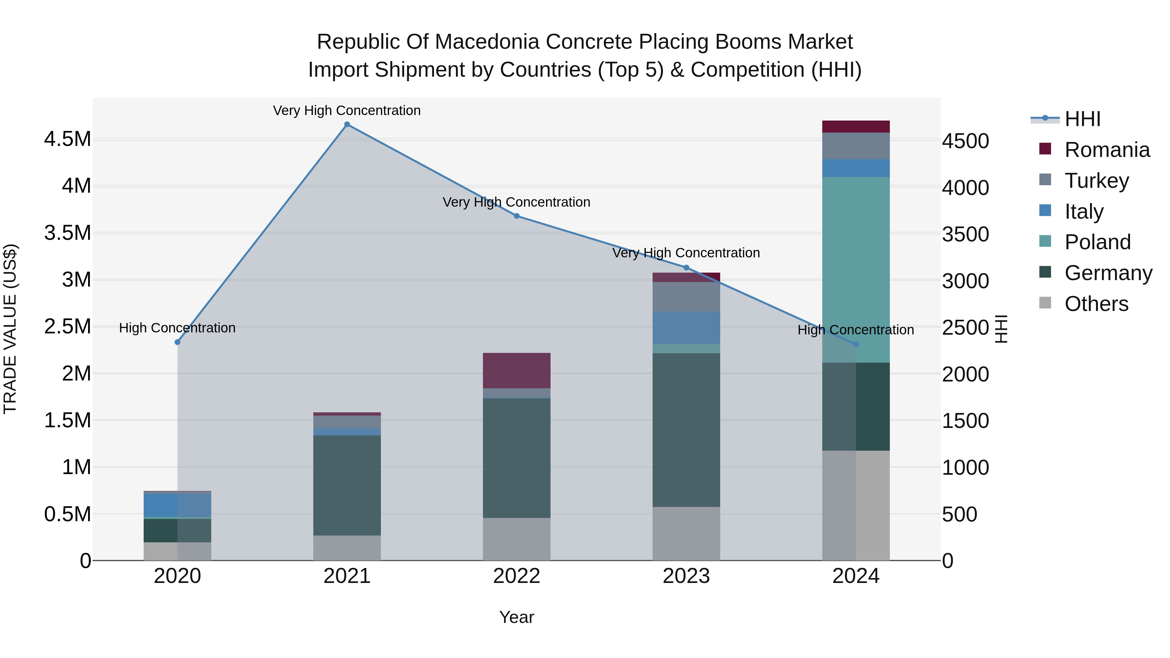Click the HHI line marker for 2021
coord(347,124)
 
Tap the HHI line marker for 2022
coord(516,216)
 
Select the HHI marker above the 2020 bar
coord(177,342)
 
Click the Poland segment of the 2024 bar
coord(856,269)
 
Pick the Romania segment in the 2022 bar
coord(516,370)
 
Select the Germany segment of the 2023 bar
coord(686,430)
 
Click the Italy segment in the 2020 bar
coord(177,505)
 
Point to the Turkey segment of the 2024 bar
coord(856,146)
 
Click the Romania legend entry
coord(1107,150)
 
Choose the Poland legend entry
coord(1097,242)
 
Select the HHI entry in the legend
coord(1082,119)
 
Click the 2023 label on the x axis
coord(686,576)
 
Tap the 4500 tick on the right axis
coord(965,141)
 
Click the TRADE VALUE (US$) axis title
coord(10,329)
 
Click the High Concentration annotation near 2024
coord(856,330)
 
